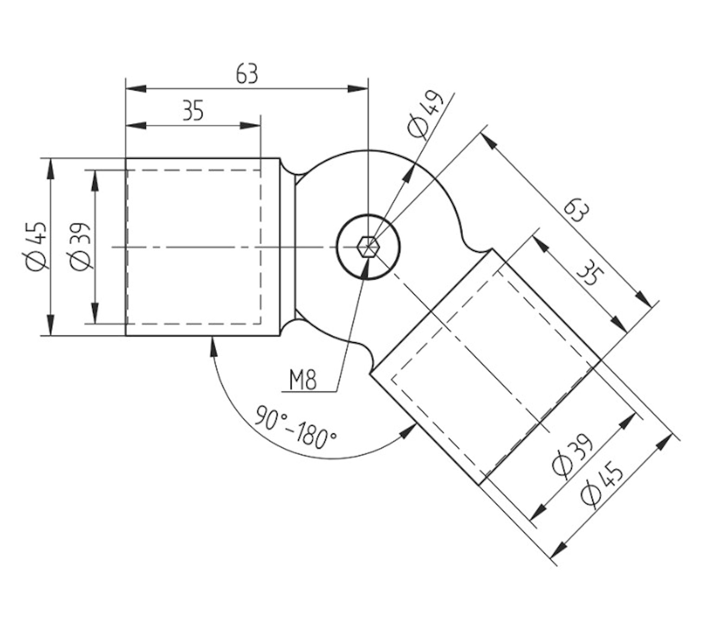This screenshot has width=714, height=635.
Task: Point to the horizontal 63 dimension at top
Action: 247,74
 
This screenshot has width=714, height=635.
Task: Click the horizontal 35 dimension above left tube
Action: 193,111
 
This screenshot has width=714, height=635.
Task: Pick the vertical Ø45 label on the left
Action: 38,247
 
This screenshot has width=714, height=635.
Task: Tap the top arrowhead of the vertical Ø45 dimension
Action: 50,167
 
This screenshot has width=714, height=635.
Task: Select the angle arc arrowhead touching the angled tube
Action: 409,431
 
